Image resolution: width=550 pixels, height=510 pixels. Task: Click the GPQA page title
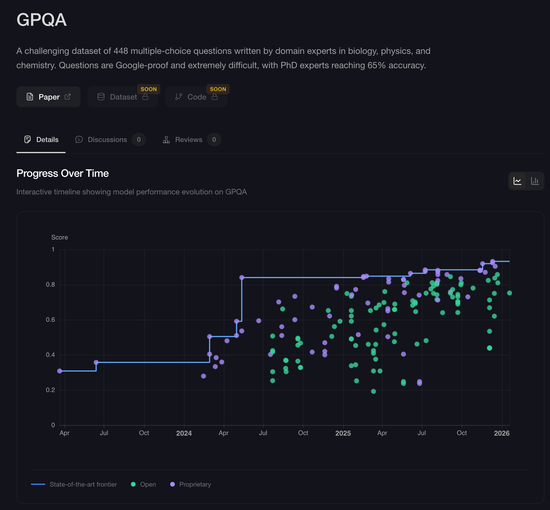pos(42,20)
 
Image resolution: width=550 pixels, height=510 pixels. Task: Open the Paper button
pos(48,97)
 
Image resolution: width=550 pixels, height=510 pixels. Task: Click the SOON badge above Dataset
pos(148,89)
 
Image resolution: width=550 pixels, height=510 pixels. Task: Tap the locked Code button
pos(196,97)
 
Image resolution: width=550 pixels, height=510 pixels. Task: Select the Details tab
pos(41,140)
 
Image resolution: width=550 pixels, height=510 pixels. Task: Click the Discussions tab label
pos(107,140)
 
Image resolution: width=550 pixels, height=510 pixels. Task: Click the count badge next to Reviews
pos(214,140)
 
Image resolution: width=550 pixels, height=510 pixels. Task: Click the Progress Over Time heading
pos(63,173)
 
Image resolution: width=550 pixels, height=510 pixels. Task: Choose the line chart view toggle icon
pos(517,181)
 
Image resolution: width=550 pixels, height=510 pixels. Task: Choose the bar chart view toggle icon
pos(535,181)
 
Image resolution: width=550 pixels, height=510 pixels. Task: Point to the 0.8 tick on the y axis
pos(50,285)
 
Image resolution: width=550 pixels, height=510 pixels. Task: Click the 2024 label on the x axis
pos(184,433)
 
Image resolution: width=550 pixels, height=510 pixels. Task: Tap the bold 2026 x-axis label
pos(502,433)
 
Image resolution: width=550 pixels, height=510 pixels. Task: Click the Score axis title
pos(59,237)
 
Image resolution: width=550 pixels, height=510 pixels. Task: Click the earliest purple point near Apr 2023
pos(60,371)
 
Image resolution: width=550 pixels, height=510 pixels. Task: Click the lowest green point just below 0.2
pos(373,391)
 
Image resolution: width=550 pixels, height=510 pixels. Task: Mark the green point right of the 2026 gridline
pos(510,293)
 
